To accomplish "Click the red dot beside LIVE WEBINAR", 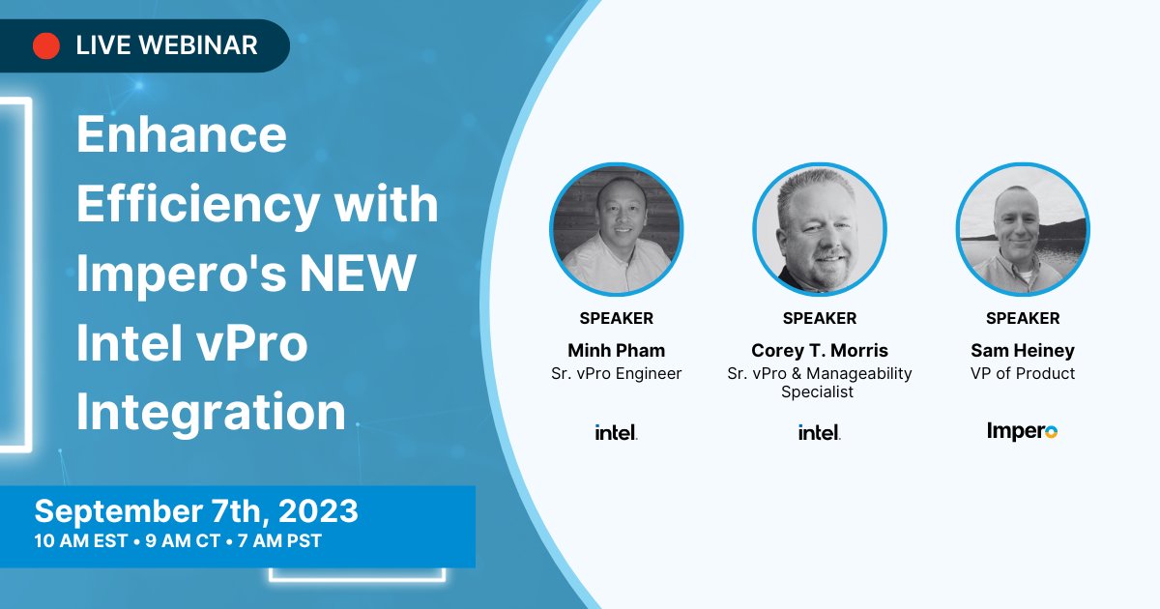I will click(x=46, y=45).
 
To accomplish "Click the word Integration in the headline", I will click(x=211, y=412).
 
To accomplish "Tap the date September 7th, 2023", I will click(x=196, y=510).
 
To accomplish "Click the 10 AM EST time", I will click(x=81, y=541).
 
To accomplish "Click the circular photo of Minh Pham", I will click(x=617, y=229).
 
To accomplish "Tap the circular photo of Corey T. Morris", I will click(x=820, y=229).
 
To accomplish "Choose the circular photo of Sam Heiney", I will click(x=1023, y=229).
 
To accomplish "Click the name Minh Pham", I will click(x=617, y=350).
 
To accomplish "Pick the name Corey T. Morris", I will click(x=820, y=350).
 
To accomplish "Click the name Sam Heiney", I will click(x=1023, y=350).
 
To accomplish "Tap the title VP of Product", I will click(x=1023, y=373).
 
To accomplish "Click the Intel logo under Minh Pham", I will click(x=617, y=432).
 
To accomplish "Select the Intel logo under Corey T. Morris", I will click(x=820, y=432).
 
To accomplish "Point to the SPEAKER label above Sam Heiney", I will click(x=1023, y=318).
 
